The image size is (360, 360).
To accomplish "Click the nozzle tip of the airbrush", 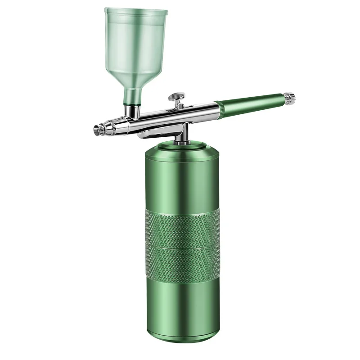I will (96, 129).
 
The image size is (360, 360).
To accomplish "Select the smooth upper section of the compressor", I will (182, 180).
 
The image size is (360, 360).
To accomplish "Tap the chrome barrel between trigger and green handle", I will (198, 108).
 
